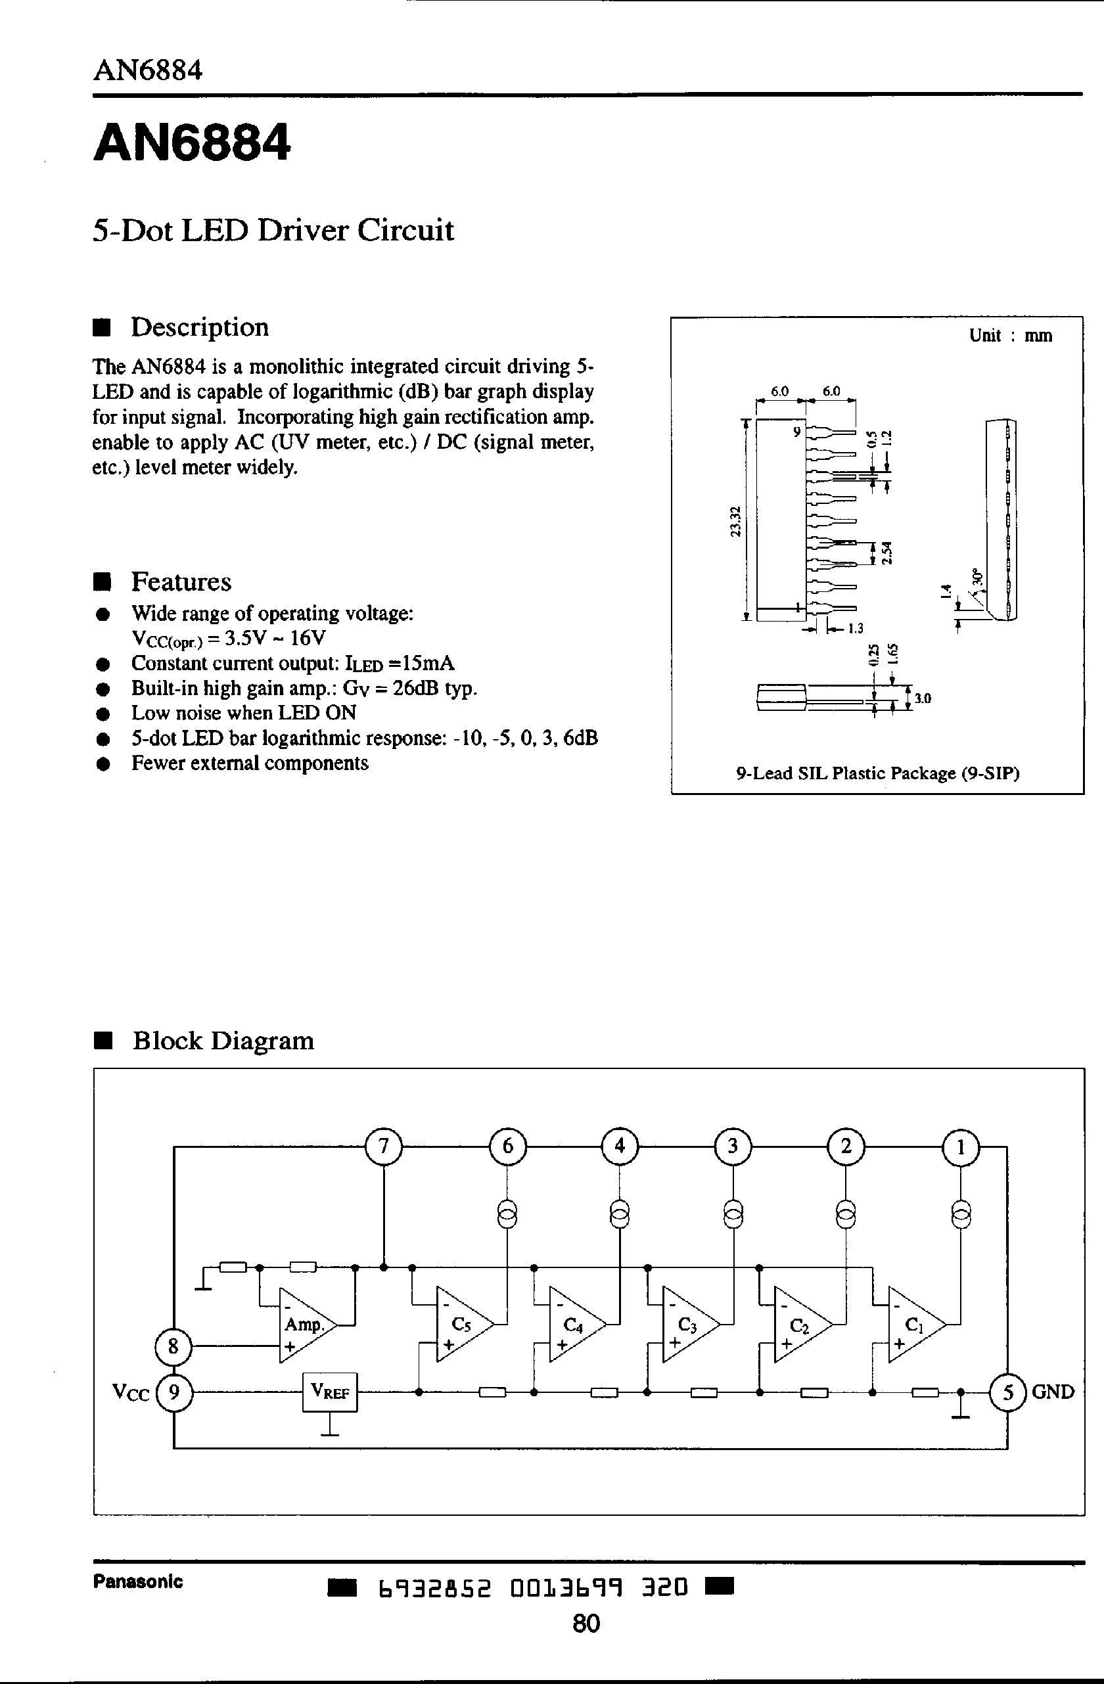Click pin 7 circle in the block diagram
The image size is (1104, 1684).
click(383, 1145)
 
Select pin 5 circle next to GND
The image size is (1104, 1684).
click(1007, 1392)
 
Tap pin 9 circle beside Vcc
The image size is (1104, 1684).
click(174, 1392)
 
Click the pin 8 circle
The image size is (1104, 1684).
click(173, 1345)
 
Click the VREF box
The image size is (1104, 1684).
click(330, 1392)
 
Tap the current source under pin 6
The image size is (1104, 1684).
click(507, 1214)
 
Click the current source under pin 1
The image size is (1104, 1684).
click(960, 1214)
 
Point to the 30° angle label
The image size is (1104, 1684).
click(977, 576)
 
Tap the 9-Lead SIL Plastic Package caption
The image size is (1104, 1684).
click(877, 773)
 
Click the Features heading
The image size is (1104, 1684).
click(181, 581)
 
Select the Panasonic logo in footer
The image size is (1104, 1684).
click(137, 1582)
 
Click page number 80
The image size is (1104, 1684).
click(586, 1622)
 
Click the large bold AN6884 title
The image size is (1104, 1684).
click(192, 143)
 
